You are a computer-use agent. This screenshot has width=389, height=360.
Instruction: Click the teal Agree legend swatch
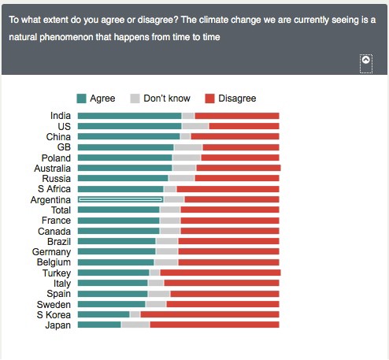[81, 98]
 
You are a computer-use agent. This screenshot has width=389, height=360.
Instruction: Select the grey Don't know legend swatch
[135, 98]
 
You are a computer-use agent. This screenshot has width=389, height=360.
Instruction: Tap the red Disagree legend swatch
[209, 98]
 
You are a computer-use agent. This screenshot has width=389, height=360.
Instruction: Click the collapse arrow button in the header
[365, 61]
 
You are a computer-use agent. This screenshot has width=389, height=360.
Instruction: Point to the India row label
[60, 116]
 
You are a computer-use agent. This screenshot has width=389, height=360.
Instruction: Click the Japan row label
[58, 325]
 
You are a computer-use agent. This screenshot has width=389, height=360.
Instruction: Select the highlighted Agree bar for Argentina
[120, 199]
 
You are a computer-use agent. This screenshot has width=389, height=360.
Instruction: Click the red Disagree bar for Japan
[214, 325]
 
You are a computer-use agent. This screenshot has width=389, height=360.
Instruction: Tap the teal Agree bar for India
[129, 116]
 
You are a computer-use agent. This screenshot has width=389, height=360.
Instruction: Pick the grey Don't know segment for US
[195, 126]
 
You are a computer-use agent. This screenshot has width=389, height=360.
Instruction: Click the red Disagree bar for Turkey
[220, 273]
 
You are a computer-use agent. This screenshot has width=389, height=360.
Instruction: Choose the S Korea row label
[54, 314]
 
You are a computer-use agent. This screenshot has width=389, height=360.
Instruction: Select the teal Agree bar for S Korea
[103, 314]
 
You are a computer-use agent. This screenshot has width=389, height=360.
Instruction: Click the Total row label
[60, 210]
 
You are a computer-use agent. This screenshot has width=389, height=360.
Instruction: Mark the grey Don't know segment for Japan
[135, 325]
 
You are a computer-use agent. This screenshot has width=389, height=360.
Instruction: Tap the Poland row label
[56, 158]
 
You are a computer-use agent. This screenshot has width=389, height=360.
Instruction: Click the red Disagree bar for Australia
[238, 168]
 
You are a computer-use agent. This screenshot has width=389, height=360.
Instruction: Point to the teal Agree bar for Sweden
[111, 304]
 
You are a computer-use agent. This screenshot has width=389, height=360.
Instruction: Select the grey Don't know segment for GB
[188, 147]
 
